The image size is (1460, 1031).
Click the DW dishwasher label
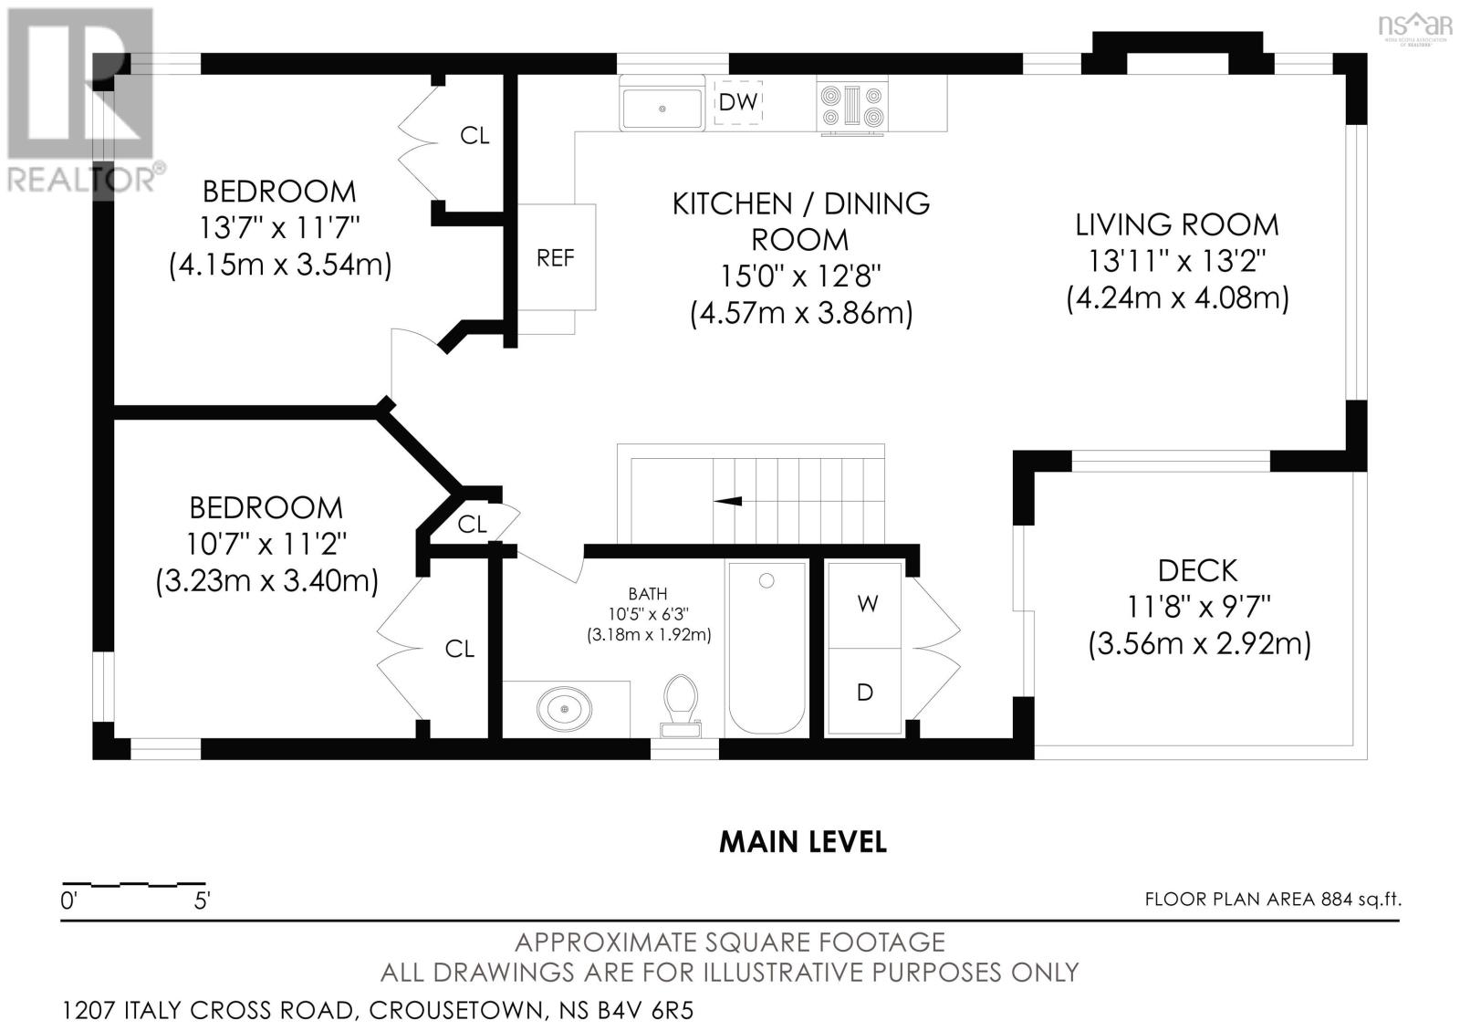pyautogui.click(x=738, y=101)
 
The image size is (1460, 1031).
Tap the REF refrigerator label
pyautogui.click(x=556, y=258)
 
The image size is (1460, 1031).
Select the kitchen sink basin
pyautogui.click(x=662, y=109)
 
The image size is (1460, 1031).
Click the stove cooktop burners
pyautogui.click(x=852, y=107)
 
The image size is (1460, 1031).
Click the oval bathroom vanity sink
pyautogui.click(x=565, y=709)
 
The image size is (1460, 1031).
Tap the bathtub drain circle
pyautogui.click(x=766, y=580)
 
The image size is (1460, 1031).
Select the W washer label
pyautogui.click(x=867, y=604)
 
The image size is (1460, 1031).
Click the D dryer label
pyautogui.click(x=865, y=693)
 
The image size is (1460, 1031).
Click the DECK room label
pyautogui.click(x=1197, y=571)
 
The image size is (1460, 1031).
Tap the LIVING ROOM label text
pyautogui.click(x=1176, y=225)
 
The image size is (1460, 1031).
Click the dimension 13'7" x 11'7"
pyautogui.click(x=279, y=228)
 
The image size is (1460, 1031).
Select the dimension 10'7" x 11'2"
pyautogui.click(x=266, y=544)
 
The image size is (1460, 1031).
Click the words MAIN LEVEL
pyautogui.click(x=803, y=842)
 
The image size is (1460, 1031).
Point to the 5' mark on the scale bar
pyautogui.click(x=202, y=901)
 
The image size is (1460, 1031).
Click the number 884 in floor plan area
pyautogui.click(x=1337, y=900)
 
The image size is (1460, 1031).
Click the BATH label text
pyautogui.click(x=648, y=594)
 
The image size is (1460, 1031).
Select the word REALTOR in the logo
pyautogui.click(x=81, y=179)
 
